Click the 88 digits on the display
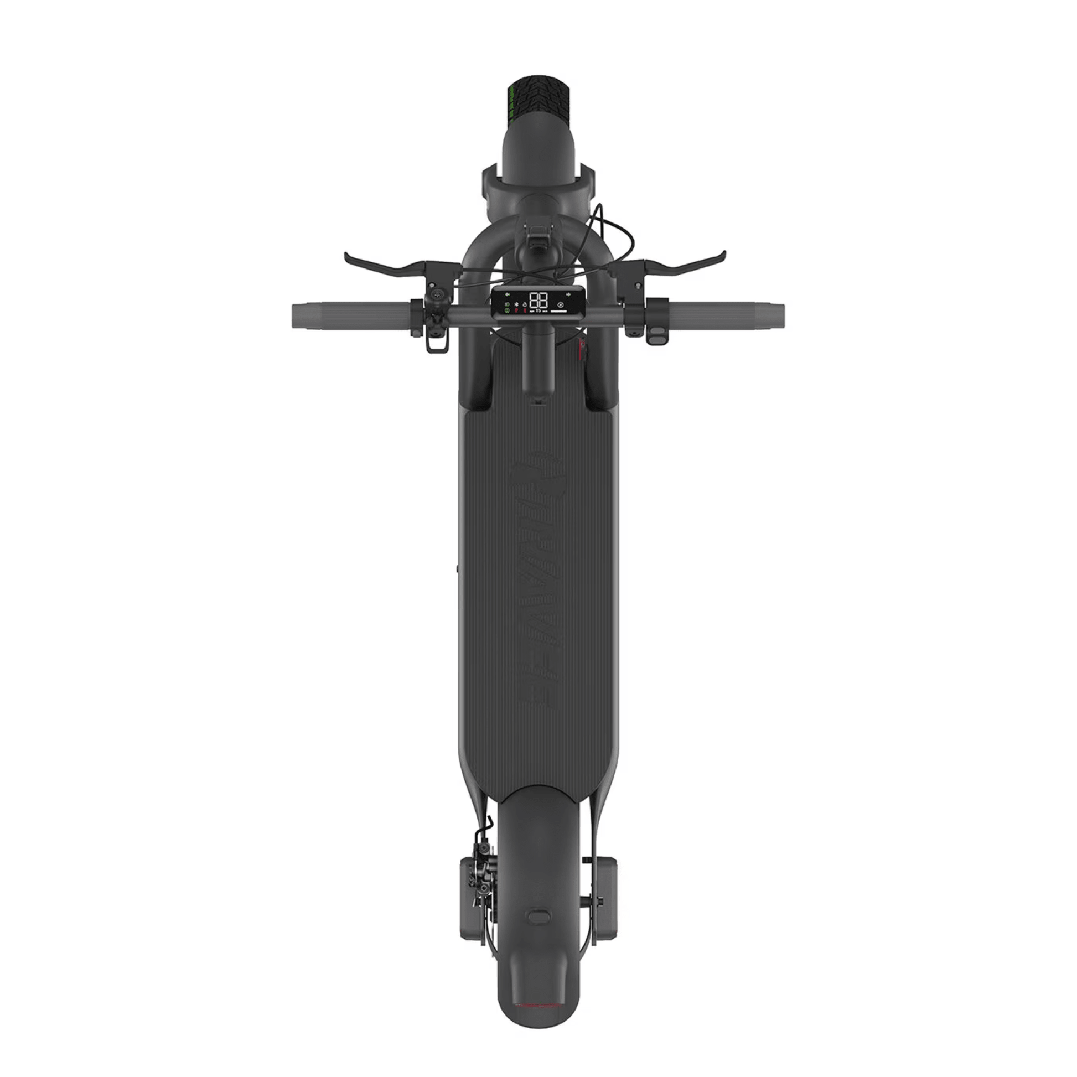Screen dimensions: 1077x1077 538,301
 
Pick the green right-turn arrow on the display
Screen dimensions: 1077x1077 568,293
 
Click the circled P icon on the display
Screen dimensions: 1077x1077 560,305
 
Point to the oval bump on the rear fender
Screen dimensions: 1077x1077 538,916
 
